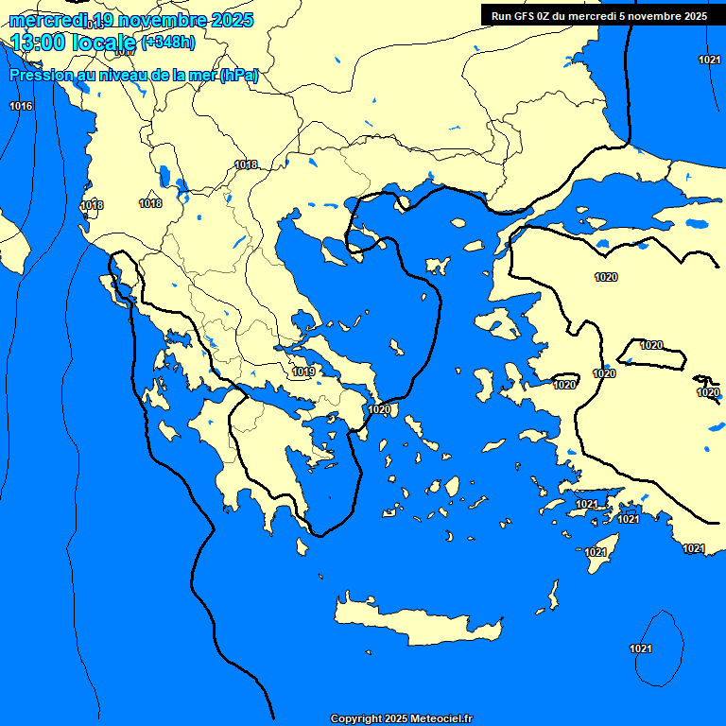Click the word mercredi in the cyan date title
coord(47,21)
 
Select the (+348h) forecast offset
coord(168,42)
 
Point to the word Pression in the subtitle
coord(41,76)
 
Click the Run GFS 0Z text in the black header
coord(527,16)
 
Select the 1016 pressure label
coord(21,106)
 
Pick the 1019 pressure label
coord(303,372)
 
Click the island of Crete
coord(416,624)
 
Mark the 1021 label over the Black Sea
coord(709,60)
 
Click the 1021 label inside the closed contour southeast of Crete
coord(641,648)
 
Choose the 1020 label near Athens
coord(379,409)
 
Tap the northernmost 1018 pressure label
coord(246,165)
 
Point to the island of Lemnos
coord(437,264)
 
